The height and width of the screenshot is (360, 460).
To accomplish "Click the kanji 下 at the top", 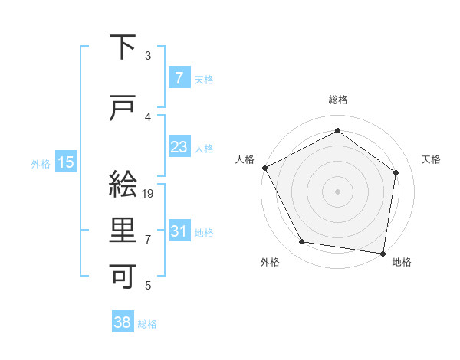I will pos(123,48).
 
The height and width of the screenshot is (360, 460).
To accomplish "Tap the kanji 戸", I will pos(123,109).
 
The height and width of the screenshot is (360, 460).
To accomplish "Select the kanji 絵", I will pos(123,185).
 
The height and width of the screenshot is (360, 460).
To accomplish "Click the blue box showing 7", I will pos(179,77).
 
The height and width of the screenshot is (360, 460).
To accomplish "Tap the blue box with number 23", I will pos(179,147).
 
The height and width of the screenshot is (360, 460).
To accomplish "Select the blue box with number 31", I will pos(179,231).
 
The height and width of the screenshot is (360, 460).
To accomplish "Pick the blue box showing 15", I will pos(66,162).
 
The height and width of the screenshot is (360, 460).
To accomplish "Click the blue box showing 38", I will pos(122,322).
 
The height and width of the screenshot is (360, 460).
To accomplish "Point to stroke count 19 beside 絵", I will pos(149,194).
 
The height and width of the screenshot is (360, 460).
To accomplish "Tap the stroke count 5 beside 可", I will pos(148,286).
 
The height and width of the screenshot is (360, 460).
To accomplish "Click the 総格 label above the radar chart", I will pos(338,100).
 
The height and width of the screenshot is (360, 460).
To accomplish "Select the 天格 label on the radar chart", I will pos(432,159).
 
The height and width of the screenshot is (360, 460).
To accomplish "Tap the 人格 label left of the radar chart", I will pos(245,159).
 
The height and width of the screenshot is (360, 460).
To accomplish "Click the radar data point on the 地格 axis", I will pos(383,253).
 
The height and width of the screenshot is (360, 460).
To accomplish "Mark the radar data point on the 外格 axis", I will pos(302,242).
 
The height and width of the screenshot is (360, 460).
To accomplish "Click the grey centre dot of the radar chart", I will pos(338,191).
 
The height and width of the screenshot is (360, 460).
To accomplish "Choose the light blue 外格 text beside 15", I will pos(41,163).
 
